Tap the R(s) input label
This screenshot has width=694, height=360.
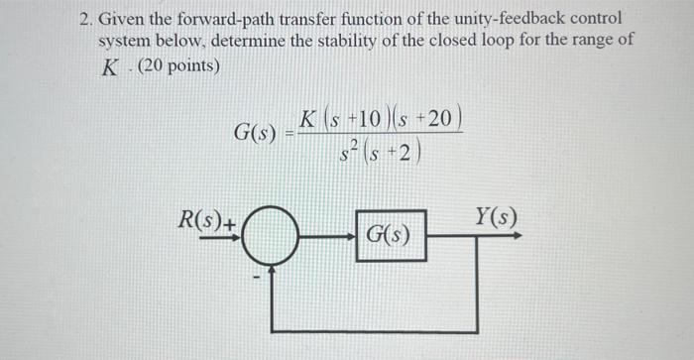[x=202, y=220]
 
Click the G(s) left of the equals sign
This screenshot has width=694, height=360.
[x=255, y=132]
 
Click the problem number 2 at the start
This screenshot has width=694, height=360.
[x=86, y=19]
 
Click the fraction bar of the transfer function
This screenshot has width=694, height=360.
[x=382, y=135]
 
